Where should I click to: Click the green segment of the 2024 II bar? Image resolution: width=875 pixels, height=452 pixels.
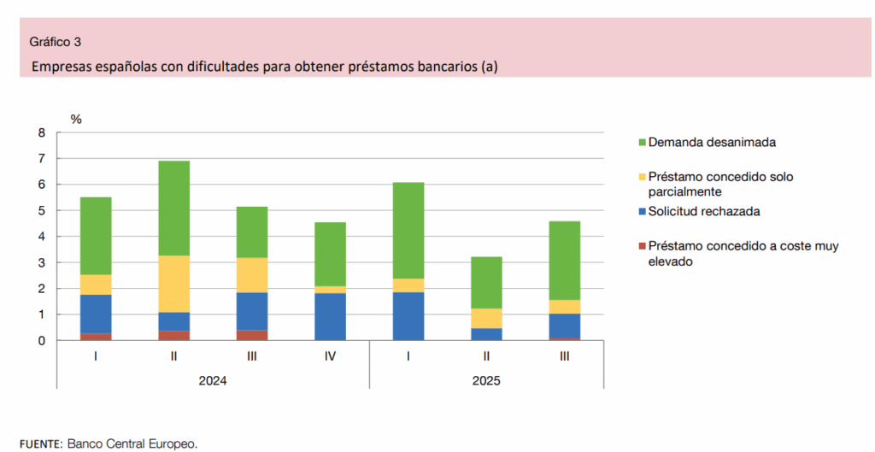coord(173,208)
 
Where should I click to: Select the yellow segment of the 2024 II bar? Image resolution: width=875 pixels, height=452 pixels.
coord(173,284)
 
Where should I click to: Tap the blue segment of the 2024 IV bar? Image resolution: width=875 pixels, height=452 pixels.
coord(330,316)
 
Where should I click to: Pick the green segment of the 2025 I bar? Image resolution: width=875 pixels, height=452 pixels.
coord(408,230)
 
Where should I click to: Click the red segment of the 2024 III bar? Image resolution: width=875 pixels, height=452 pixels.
coord(252,335)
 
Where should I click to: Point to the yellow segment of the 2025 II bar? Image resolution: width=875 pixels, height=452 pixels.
coord(486,318)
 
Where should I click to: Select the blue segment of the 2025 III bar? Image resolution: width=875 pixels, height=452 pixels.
coord(564,326)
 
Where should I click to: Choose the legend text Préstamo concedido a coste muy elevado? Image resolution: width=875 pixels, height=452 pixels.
coord(743,254)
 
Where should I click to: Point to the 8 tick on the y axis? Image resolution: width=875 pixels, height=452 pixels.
coord(40,132)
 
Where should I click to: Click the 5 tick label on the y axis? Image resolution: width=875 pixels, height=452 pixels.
coord(40,210)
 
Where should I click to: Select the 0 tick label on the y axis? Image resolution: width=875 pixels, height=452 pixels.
coord(40,340)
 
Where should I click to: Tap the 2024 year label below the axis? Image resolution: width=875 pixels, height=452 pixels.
coord(212,380)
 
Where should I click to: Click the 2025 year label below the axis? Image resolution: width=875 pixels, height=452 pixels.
coord(486,380)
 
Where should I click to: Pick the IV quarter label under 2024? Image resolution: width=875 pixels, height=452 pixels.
coord(330,356)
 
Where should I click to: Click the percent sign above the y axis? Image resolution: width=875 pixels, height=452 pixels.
coord(76,119)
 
